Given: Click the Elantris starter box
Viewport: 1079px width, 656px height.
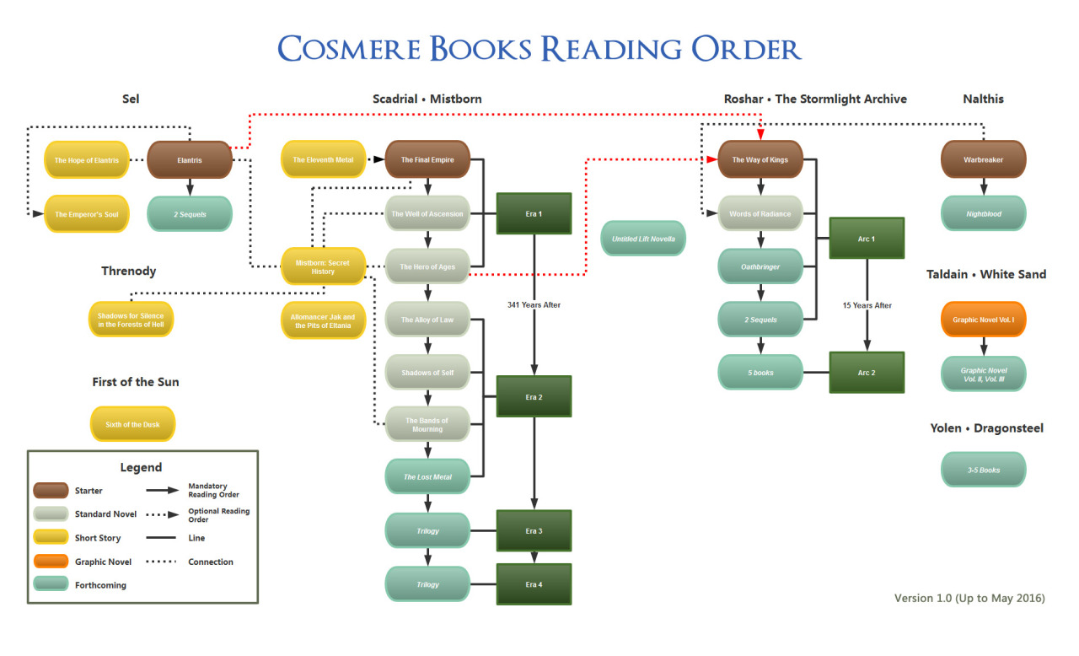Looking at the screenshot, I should [190, 159].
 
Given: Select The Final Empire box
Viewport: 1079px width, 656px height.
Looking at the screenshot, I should [427, 159].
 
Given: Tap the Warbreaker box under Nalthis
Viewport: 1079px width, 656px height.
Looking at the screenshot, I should [983, 159].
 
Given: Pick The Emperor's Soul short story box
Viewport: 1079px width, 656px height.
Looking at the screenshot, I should [87, 214].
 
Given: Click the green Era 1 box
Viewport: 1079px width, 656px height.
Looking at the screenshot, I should [534, 213].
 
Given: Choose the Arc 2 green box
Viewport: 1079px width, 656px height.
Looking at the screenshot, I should [867, 372].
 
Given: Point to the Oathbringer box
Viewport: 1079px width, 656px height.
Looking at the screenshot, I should [760, 266].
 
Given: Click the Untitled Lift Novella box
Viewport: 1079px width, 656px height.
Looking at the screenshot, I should [643, 239].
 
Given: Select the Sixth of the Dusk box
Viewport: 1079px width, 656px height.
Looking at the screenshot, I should [133, 424].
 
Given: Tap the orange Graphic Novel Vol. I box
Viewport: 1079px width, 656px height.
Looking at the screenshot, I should [983, 320].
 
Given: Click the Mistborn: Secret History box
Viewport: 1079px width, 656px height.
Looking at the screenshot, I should [323, 266].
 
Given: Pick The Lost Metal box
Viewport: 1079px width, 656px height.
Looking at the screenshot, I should [427, 477].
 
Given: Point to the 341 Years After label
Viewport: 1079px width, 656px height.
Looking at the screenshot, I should [534, 304].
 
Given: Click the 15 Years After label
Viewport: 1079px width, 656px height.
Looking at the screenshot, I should [867, 305].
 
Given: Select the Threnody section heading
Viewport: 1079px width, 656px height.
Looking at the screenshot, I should [129, 272].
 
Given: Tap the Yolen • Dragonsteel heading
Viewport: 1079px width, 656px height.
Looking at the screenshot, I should [986, 428].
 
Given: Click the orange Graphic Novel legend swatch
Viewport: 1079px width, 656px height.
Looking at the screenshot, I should [51, 562].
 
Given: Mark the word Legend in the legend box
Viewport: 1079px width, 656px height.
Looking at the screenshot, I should [141, 467].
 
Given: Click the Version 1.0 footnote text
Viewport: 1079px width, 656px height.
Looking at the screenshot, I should [969, 598].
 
